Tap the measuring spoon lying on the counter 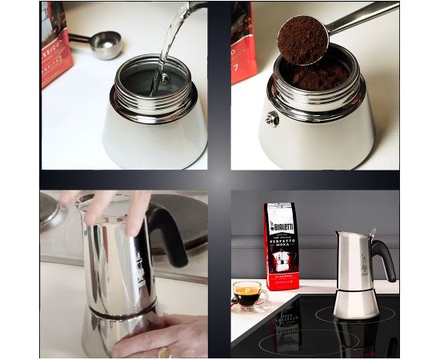pyautogui.click(x=106, y=46)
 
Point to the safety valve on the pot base pyautogui.click(x=273, y=118)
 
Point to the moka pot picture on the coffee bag pyautogui.click(x=281, y=261)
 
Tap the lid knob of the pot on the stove pyautogui.click(x=371, y=232)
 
